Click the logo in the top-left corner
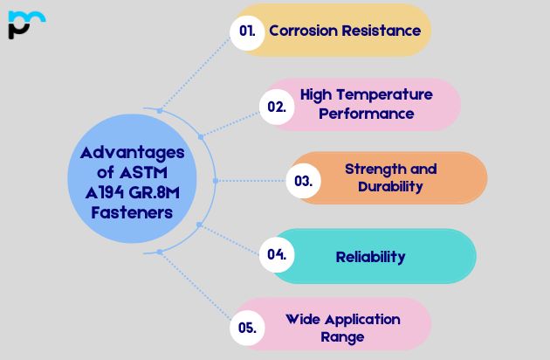25,24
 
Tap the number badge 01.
247,31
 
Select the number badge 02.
276,107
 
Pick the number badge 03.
303,181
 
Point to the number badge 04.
277,255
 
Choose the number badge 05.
247,329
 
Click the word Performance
366,114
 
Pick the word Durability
390,187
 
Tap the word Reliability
370,257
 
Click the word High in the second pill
317,94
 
